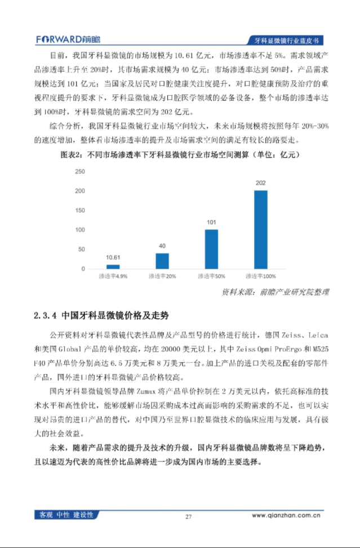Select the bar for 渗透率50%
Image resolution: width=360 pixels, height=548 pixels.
[x=211, y=248]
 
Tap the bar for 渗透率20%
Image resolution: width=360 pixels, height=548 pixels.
[x=162, y=261]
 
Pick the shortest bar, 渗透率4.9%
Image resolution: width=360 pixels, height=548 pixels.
[x=113, y=266]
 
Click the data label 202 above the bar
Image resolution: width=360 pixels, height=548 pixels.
[x=260, y=183]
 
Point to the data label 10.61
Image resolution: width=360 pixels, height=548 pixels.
[x=113, y=258]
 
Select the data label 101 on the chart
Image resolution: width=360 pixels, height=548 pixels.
[x=211, y=222]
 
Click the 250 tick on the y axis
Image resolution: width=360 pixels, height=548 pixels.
[x=80, y=171]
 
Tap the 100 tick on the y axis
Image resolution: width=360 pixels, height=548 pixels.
[x=80, y=230]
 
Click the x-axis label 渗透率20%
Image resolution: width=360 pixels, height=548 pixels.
[x=162, y=276]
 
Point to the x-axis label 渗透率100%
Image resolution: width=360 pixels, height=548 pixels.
[x=260, y=276]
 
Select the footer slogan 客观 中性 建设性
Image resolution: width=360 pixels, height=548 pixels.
[x=66, y=514]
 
